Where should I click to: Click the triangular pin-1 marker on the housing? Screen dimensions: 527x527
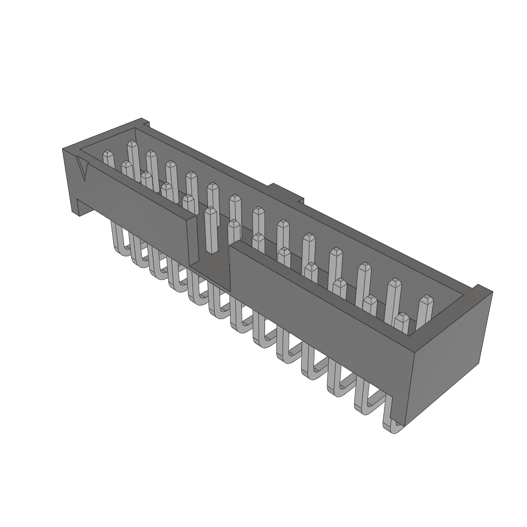(83, 169)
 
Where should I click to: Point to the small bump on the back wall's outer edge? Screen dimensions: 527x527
(286, 191)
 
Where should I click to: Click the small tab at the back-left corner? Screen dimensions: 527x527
(144, 124)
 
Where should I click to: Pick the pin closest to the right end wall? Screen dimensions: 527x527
(425, 314)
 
